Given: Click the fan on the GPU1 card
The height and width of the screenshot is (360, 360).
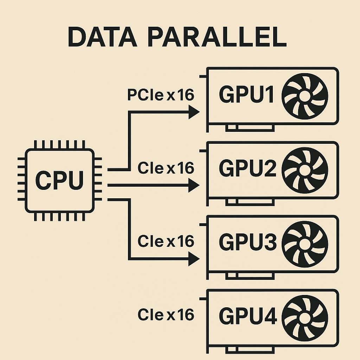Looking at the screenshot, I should click(x=305, y=96).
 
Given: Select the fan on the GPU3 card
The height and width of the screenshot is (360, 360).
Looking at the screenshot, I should click(x=305, y=243).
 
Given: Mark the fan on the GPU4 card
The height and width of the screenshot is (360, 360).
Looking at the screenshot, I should click(x=305, y=316).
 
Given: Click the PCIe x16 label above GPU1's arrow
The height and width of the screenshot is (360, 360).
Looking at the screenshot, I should click(x=160, y=95).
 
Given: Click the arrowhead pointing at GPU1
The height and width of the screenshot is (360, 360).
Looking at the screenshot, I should click(x=194, y=112).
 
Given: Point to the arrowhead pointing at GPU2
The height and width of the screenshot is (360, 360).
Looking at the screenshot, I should click(x=194, y=185).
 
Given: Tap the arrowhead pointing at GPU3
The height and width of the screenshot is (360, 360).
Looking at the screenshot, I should click(x=194, y=260).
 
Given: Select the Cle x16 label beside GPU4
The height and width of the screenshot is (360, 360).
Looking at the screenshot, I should click(x=166, y=315).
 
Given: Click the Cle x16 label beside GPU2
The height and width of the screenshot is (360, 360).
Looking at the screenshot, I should click(x=166, y=168).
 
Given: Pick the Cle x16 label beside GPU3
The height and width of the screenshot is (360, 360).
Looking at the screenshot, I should click(x=166, y=242).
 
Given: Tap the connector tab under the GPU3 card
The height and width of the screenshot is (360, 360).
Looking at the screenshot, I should click(x=250, y=275).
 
